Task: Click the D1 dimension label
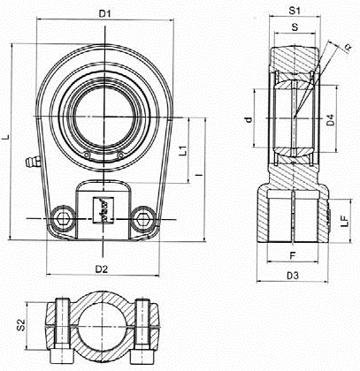tap(104, 13)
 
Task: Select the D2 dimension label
tap(102, 269)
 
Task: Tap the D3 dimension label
tap(293, 276)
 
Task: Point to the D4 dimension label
tap(331, 120)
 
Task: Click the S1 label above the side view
tap(295, 11)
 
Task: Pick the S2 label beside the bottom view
tap(20, 325)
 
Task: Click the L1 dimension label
tap(183, 150)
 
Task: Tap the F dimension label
tap(293, 255)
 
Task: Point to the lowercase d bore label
tap(249, 119)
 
